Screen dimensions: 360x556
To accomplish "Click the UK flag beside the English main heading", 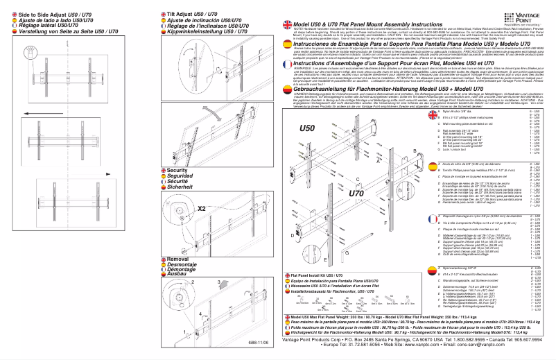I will pyautogui.click(x=286, y=25).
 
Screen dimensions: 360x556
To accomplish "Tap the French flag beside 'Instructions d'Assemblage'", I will pyautogui.click(x=286, y=64).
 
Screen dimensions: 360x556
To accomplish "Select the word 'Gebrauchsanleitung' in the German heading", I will pyautogui.click(x=326, y=90).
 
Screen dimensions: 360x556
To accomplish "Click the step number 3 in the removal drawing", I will pyautogui.click(x=220, y=282).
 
